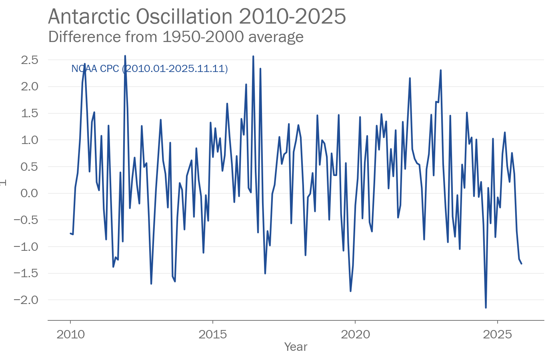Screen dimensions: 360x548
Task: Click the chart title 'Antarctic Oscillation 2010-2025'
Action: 197,17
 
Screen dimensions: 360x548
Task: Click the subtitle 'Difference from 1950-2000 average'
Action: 176,37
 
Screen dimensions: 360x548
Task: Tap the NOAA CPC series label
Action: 149,69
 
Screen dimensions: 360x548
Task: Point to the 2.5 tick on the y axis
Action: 29,60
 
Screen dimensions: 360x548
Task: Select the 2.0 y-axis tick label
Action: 29,86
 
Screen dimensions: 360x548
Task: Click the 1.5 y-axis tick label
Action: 29,113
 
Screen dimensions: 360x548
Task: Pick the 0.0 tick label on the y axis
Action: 29,193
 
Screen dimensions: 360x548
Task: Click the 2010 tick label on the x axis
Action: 70,334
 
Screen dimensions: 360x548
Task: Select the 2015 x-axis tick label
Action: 213,334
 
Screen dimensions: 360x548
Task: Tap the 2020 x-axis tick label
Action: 355,334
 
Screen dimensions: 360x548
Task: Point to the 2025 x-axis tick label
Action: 497,334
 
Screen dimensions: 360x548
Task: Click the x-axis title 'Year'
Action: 296,347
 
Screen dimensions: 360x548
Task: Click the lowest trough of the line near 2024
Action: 486,308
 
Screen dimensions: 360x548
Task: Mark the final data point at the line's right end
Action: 521,264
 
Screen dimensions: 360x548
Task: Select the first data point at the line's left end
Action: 70,233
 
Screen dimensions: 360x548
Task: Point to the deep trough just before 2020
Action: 350,291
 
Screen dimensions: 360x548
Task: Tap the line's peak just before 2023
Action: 440,70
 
